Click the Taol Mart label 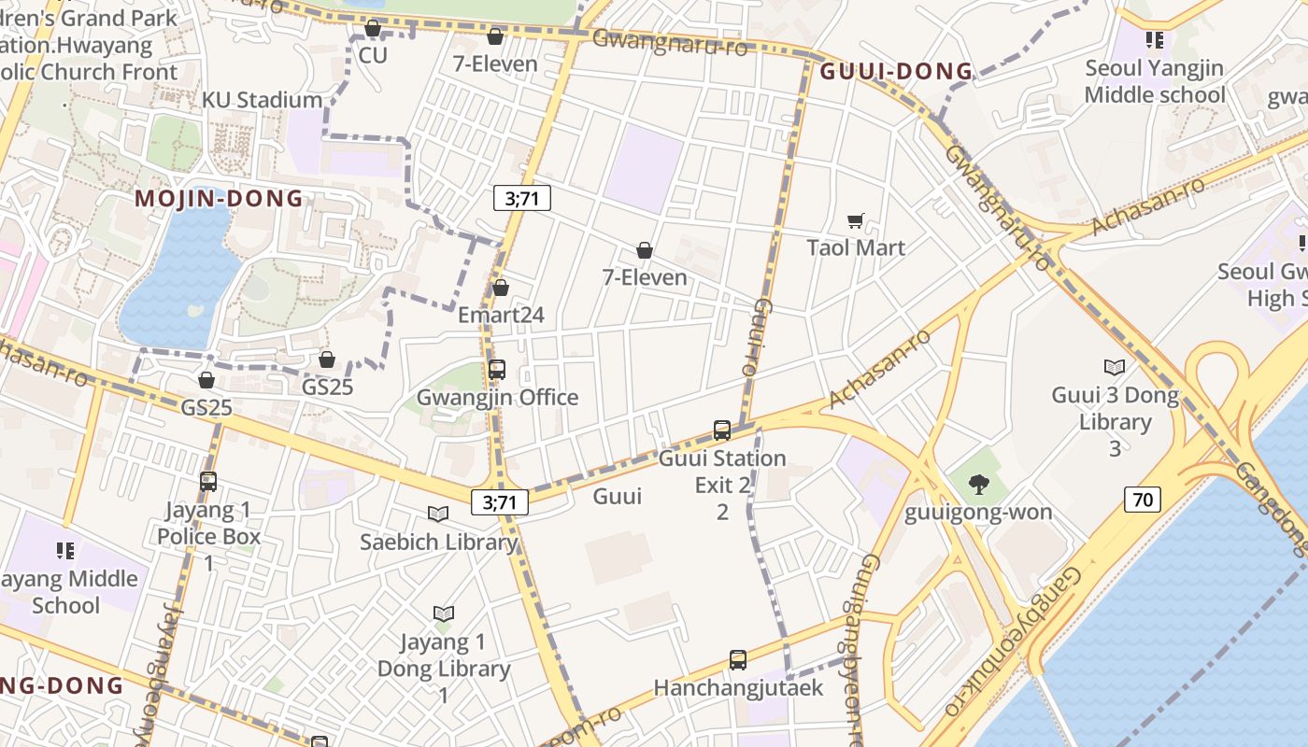click(856, 247)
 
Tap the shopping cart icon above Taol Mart click(856, 221)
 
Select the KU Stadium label click(262, 100)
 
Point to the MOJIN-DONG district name click(220, 198)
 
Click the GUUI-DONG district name click(896, 72)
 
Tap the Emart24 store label click(501, 315)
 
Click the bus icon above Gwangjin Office click(497, 370)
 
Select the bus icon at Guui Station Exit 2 click(722, 430)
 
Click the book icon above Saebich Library click(438, 514)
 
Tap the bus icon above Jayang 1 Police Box click(208, 482)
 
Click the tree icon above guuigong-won click(978, 484)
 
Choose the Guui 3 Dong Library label click(1115, 408)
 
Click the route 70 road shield click(1143, 500)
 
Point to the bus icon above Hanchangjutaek click(738, 660)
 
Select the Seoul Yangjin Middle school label click(1155, 81)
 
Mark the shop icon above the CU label click(373, 29)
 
